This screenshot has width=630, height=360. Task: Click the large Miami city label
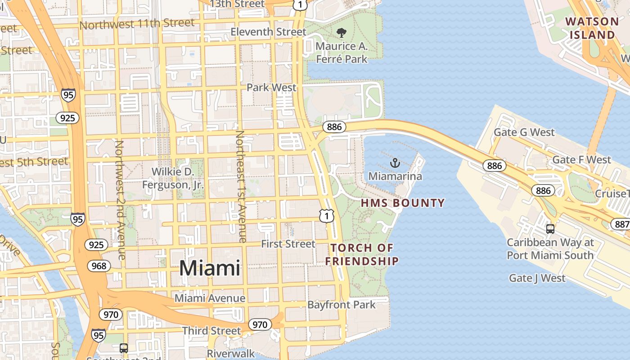(x=210, y=268)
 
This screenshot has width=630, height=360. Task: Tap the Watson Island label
(x=592, y=28)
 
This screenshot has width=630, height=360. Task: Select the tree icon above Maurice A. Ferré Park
(x=342, y=32)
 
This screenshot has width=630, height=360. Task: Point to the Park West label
(x=271, y=87)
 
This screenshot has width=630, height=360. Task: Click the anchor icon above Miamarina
(x=395, y=163)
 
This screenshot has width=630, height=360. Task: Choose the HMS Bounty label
(x=403, y=203)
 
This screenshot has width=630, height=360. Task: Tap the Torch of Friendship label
(x=362, y=254)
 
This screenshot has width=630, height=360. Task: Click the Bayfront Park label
(x=341, y=305)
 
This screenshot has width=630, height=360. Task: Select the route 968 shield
(x=99, y=266)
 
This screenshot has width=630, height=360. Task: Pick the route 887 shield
(x=621, y=224)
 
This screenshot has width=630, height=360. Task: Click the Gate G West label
(x=524, y=132)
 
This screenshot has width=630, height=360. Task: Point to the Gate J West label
(x=537, y=278)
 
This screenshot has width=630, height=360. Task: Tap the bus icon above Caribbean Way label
(x=550, y=229)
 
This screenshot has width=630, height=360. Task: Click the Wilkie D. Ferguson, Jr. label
(x=173, y=178)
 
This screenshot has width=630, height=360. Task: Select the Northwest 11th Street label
(x=137, y=23)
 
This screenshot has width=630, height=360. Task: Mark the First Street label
(x=288, y=244)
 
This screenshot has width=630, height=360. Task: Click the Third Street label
(x=211, y=331)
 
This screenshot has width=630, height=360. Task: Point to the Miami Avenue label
(x=210, y=298)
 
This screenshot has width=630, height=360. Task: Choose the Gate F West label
(x=581, y=160)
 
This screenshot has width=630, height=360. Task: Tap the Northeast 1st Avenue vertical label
(x=241, y=187)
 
